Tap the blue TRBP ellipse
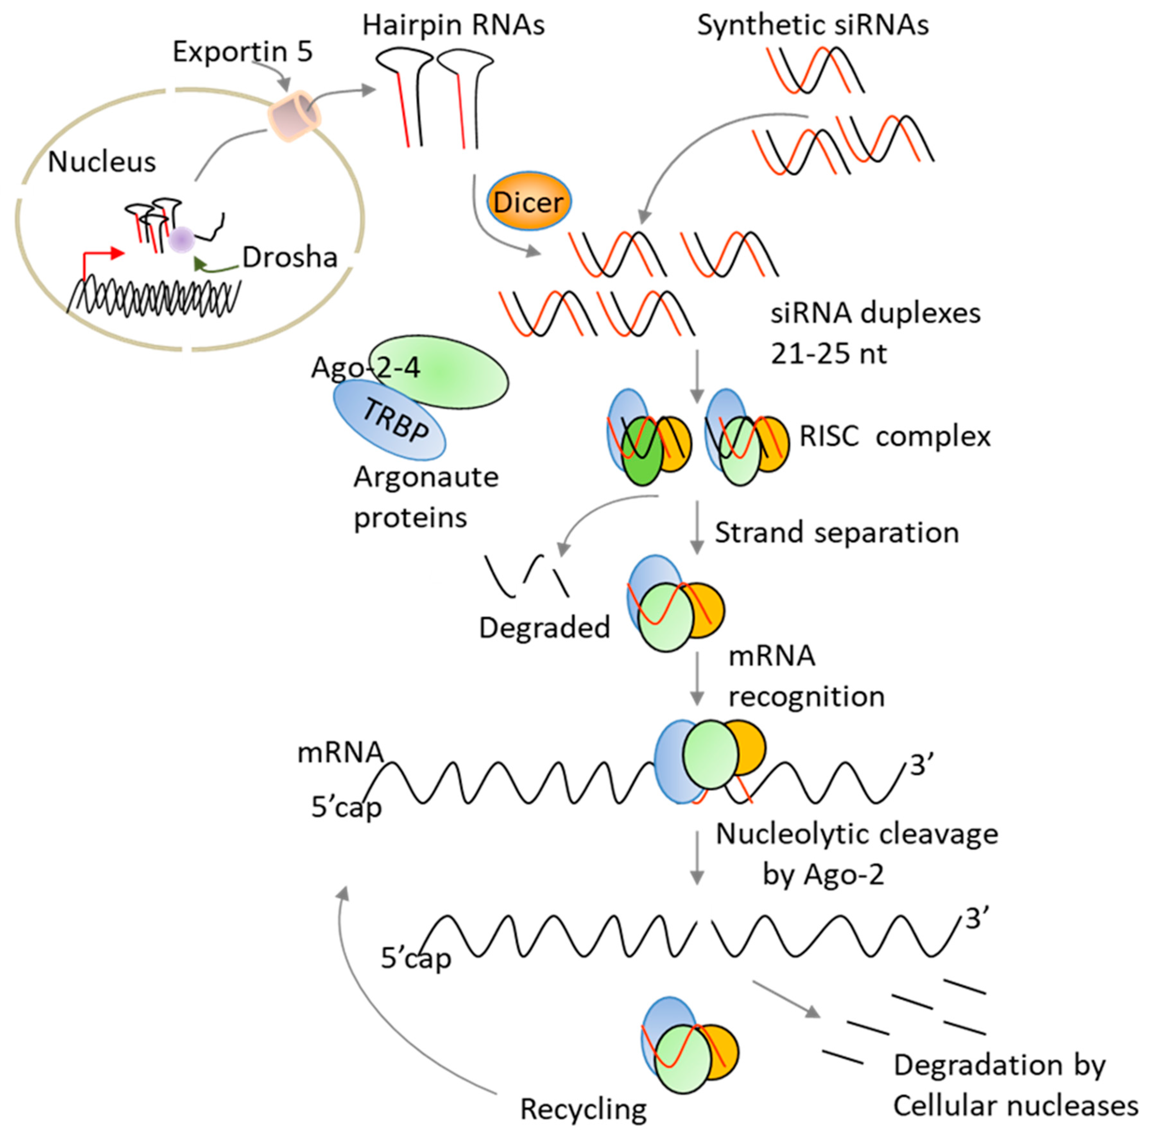coord(390,420)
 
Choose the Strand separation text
coord(836,533)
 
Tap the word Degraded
coord(544,627)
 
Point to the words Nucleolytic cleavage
coord(856,834)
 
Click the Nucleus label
coord(102,162)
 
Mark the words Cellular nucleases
coord(1015,1106)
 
